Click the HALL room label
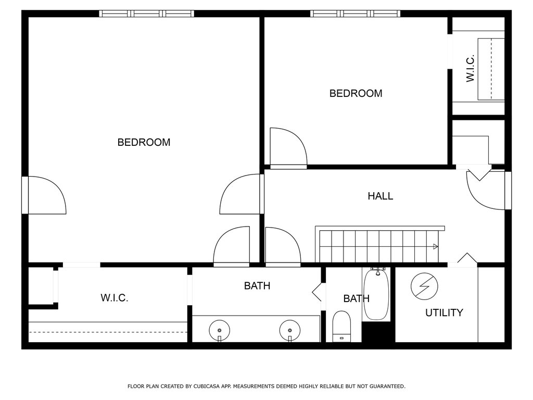[380, 196]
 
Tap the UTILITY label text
[445, 312]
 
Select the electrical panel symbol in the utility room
[424, 286]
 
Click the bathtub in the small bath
[377, 295]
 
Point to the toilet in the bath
[341, 326]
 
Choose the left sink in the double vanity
[219, 330]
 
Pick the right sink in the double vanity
[290, 330]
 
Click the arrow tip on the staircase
[438, 246]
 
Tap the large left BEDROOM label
[144, 142]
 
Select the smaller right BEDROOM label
[356, 93]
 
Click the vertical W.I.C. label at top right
[470, 69]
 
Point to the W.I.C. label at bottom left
[115, 298]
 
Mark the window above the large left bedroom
[146, 14]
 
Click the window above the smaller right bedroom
[355, 14]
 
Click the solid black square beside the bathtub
[378, 332]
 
